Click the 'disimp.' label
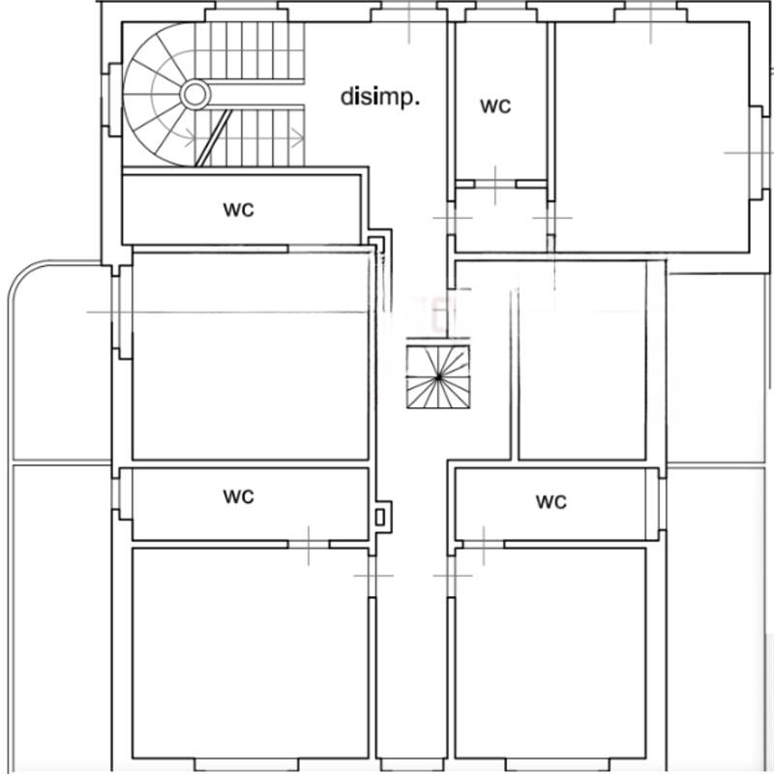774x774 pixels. tap(380, 98)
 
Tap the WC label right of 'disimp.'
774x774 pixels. tap(495, 106)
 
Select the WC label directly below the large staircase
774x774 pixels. tap(239, 209)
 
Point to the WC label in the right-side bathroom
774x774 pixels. tap(551, 502)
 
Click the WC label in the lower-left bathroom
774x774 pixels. tap(239, 496)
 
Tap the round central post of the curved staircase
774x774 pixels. tap(195, 94)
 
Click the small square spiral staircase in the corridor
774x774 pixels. tap(438, 377)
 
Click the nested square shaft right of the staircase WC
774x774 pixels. tap(380, 243)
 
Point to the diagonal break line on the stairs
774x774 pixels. tap(213, 138)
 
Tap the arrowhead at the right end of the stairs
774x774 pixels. tap(298, 138)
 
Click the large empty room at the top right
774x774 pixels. tap(651, 137)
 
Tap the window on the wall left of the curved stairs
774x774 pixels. tap(112, 100)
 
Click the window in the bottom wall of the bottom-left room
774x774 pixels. tap(248, 764)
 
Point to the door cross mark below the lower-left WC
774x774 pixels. tap(309, 545)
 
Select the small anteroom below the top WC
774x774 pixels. tap(501, 221)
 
